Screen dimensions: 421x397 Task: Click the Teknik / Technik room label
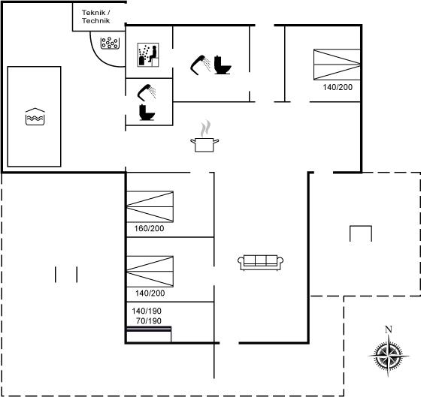click(96, 17)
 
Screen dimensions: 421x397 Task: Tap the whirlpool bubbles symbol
click(110, 43)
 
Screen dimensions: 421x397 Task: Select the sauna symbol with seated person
click(148, 55)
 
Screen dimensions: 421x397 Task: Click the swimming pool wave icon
click(35, 116)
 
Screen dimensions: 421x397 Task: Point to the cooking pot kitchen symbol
click(204, 136)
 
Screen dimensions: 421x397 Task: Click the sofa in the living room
click(260, 263)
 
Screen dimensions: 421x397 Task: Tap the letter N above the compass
click(389, 329)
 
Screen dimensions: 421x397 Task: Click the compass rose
click(389, 356)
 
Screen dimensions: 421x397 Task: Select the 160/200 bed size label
click(150, 228)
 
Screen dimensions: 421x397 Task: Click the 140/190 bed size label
click(147, 311)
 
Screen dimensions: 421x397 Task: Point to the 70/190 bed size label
click(149, 321)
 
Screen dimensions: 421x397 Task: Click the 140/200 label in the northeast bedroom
click(338, 87)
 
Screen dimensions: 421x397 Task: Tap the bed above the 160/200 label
click(150, 206)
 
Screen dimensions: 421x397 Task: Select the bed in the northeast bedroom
click(337, 65)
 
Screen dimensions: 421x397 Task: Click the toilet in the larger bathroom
click(223, 65)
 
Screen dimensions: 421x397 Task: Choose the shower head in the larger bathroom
click(201, 65)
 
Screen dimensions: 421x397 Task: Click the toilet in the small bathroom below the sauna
click(147, 113)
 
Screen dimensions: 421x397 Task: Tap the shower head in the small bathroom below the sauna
click(147, 92)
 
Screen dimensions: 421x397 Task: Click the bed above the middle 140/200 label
click(150, 272)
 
